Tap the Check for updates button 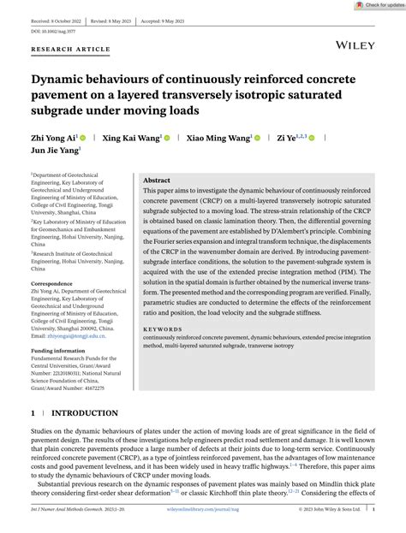379,5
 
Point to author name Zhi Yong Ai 53,136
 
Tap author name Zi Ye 286,136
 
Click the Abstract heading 156,181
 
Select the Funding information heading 57,351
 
